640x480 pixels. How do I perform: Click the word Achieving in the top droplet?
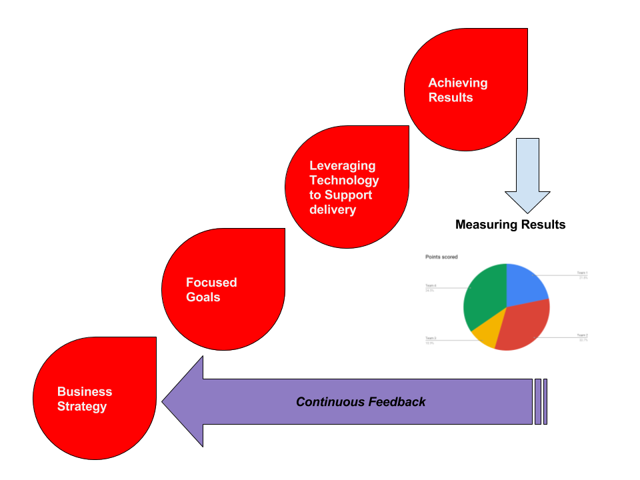click(457, 83)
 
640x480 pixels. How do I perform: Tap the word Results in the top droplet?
click(450, 98)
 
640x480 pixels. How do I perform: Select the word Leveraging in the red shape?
click(342, 166)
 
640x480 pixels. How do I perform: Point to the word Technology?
click(344, 181)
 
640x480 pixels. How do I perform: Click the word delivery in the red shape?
click(333, 210)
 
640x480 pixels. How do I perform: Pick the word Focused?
click(211, 283)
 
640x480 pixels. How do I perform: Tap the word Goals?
click(203, 297)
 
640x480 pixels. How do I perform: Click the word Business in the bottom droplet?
click(85, 392)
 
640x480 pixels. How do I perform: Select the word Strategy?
click(82, 407)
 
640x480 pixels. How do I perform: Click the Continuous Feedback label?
click(361, 402)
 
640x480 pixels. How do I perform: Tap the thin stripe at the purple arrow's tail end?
click(545, 401)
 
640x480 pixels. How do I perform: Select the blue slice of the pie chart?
click(525, 283)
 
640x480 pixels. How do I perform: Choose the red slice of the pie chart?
click(524, 326)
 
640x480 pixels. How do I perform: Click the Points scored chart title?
click(441, 257)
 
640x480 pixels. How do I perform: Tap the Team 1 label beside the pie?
click(582, 273)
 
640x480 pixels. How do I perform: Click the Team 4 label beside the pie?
click(430, 286)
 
